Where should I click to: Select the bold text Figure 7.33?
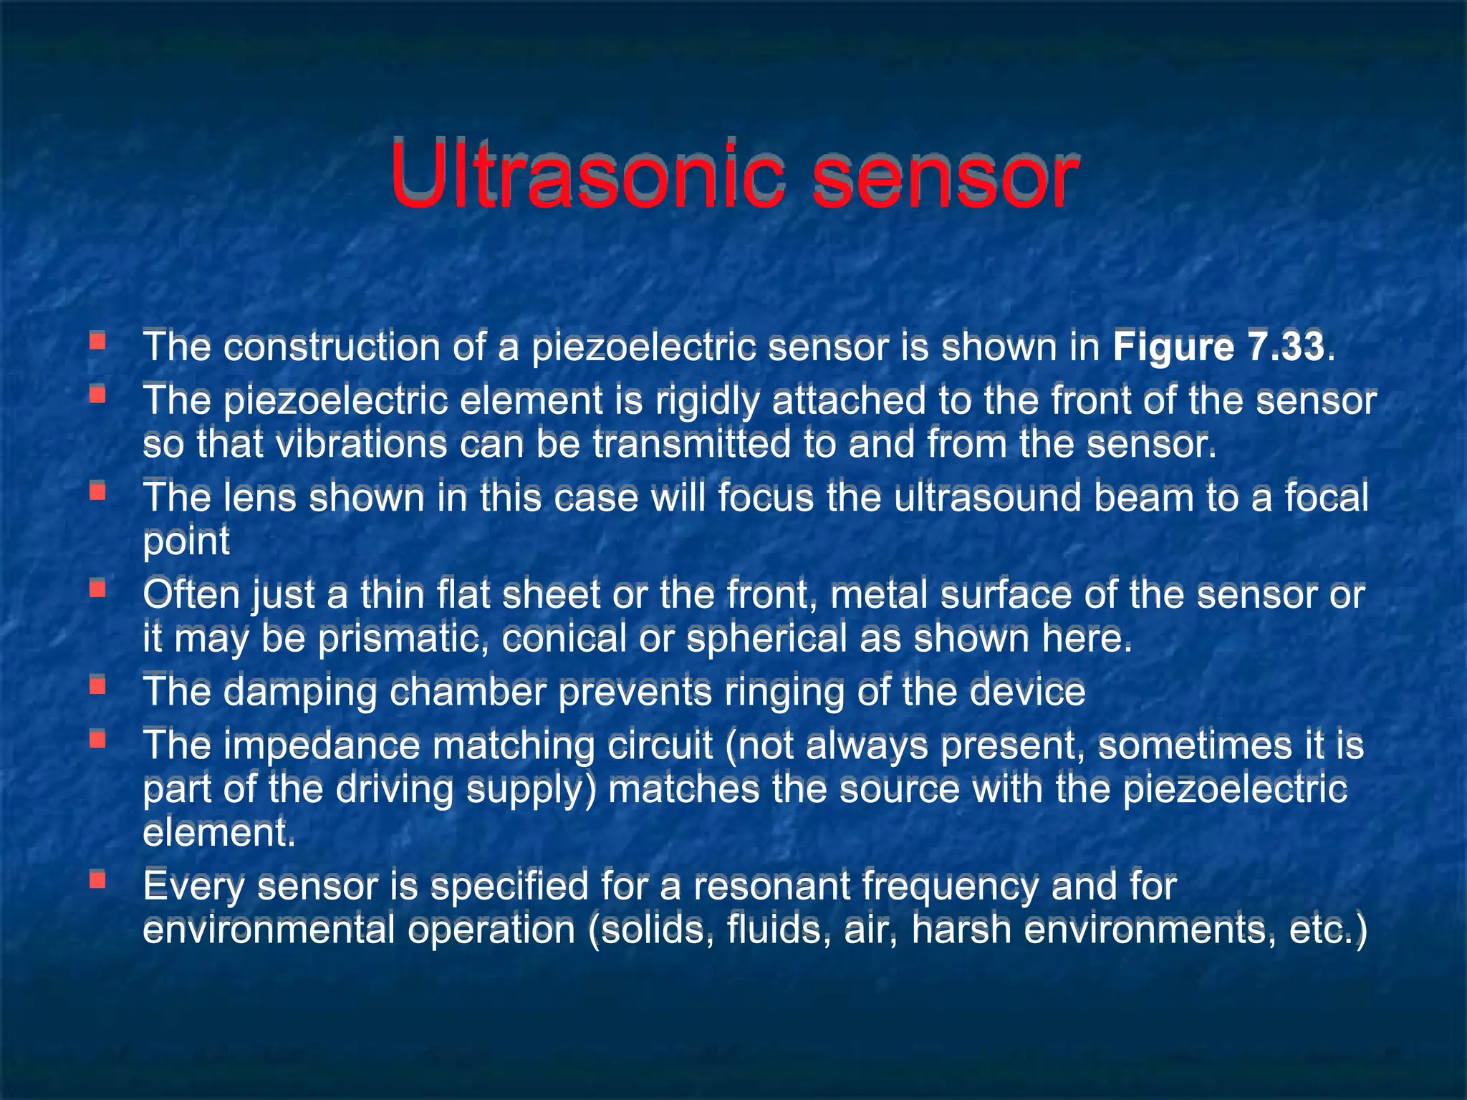coord(1218,347)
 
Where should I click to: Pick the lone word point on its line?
coord(186,541)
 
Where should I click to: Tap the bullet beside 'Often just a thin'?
coord(98,589)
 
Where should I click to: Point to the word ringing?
coord(784,693)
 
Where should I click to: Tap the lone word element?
coord(218,833)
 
